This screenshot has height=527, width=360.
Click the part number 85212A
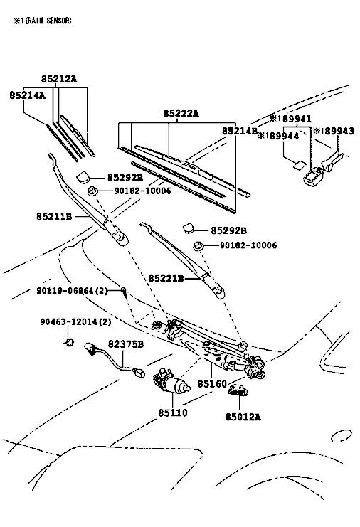pos(59,79)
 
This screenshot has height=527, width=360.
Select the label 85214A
pos(27,95)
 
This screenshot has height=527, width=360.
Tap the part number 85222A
pos(181,114)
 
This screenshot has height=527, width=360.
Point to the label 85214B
pos(239,131)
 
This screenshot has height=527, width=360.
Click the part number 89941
pos(297,119)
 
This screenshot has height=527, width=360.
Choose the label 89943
pos(339,131)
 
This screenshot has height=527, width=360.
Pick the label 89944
pos(284,136)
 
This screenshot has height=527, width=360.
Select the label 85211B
pos(54,216)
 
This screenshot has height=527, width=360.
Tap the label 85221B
pos(166,278)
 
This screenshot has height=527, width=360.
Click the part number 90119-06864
pos(65,290)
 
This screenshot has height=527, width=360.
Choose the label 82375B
pos(126,344)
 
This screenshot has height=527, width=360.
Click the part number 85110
pos(173,412)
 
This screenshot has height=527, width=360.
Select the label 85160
pos(212,383)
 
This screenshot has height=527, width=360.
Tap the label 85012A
pos(243,417)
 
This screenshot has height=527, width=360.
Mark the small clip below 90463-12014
pos(69,343)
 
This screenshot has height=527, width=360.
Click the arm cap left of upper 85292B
pos(83,176)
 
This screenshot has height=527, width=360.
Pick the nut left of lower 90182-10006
pos(198,246)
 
